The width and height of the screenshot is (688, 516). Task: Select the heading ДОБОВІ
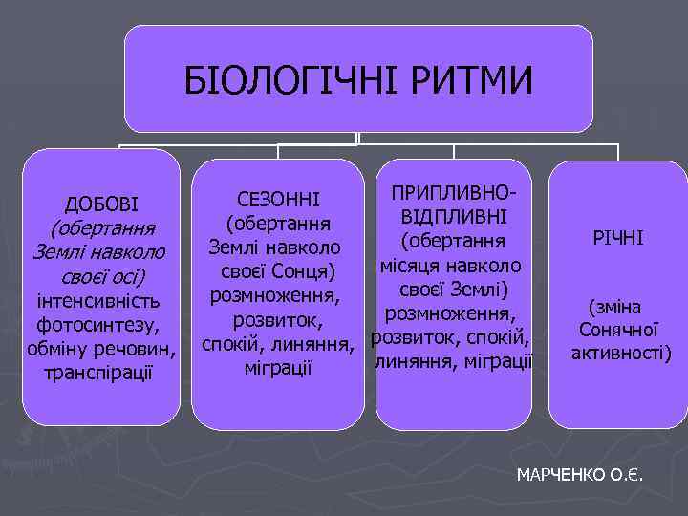pyautogui.click(x=101, y=205)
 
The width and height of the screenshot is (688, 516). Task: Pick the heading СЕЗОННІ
pyautogui.click(x=278, y=201)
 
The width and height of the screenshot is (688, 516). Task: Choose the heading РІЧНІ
pyautogui.click(x=618, y=236)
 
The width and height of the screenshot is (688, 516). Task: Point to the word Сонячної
pyautogui.click(x=620, y=331)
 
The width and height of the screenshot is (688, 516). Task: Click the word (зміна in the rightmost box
pyautogui.click(x=620, y=307)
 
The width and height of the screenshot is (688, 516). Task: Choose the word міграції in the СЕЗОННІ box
pyautogui.click(x=278, y=367)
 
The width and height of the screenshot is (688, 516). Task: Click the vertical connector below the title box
pyautogui.click(x=356, y=138)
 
